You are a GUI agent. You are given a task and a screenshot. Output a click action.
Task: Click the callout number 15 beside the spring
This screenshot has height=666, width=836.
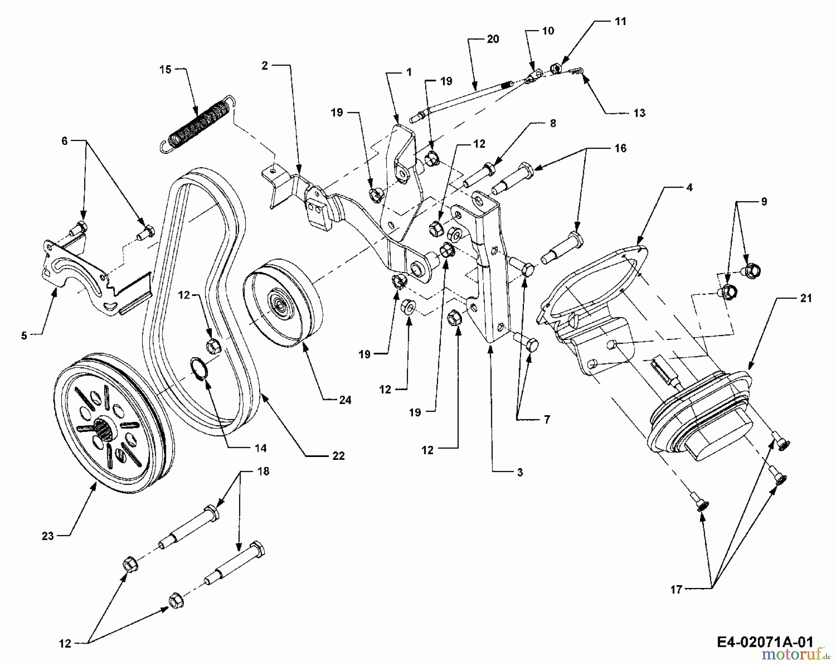[x=165, y=70]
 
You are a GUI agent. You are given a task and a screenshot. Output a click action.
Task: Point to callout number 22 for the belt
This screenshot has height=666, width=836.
[x=339, y=456]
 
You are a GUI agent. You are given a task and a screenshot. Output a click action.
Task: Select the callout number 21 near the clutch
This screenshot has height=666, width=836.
[x=806, y=298]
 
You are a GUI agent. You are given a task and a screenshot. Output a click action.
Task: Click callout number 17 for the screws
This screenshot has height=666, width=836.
[x=676, y=589]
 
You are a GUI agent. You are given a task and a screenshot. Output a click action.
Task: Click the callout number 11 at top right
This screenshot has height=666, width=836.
[x=620, y=21]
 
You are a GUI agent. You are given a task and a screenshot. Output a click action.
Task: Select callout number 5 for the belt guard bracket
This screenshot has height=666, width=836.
[x=24, y=335]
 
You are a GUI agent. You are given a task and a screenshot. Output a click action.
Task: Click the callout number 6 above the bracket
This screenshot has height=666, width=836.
[x=65, y=141]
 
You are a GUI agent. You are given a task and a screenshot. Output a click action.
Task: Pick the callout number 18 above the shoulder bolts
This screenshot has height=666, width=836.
[x=263, y=471]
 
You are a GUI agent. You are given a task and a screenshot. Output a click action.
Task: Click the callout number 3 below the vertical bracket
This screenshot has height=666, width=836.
[x=520, y=472]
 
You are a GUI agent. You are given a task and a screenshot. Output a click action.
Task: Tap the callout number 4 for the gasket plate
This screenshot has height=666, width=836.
[x=689, y=187]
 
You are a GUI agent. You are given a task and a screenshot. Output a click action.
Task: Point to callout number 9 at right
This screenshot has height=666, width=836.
[x=764, y=202]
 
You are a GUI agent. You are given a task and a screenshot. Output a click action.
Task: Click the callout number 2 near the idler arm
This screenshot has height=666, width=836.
[x=265, y=65]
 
